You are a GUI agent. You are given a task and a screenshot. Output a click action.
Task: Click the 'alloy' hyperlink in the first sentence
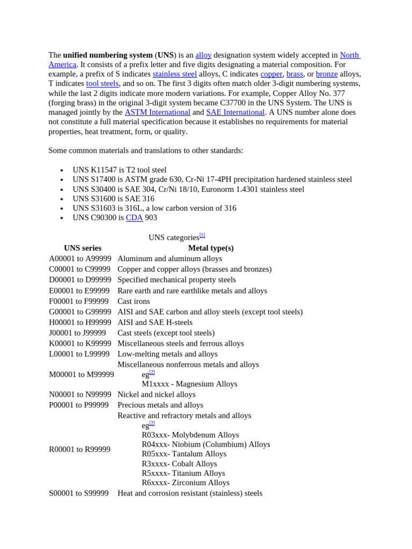pos(203,55)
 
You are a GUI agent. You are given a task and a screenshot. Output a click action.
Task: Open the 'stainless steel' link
pos(174,74)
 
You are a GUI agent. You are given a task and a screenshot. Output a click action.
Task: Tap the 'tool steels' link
pos(102,84)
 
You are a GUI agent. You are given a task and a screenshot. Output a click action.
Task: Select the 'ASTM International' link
pos(157,113)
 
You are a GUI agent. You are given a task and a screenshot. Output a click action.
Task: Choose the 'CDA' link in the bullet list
pos(134,218)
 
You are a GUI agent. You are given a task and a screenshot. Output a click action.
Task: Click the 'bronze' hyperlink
pos(327,74)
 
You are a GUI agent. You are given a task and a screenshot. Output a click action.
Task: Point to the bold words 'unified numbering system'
pos(108,55)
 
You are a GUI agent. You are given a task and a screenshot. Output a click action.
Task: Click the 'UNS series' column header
pos(82,248)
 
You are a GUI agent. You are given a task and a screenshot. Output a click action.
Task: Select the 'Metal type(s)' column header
pos(211,248)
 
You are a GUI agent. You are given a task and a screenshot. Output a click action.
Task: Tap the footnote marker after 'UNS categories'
pos(202,235)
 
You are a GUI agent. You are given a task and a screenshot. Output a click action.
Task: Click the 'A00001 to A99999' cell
pos(80,259)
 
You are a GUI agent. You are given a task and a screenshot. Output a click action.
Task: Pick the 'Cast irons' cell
pos(134,301)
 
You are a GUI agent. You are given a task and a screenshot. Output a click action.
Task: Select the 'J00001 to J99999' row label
pos(77,333)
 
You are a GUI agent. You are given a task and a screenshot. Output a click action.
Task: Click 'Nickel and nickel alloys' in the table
pos(157,395)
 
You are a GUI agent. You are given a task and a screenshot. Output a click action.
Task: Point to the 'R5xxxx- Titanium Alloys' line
pos(183,473)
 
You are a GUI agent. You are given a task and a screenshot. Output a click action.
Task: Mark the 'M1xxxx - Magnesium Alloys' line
pos(189,384)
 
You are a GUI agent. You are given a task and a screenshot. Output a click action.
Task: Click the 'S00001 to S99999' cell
pos(78,493)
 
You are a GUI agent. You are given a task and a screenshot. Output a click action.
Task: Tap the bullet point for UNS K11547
pos(62,170)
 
